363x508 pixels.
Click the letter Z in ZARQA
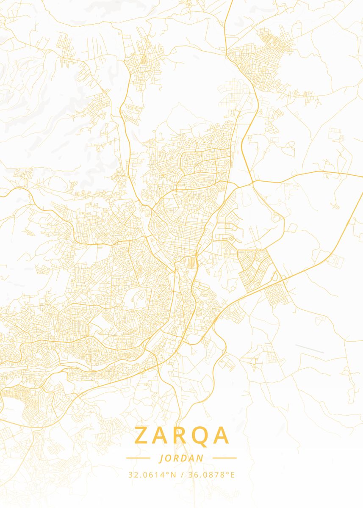[143, 436]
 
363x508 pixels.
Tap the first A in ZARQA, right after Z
[162, 436]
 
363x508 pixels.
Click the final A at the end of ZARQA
[222, 436]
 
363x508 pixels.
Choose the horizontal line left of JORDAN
[138, 458]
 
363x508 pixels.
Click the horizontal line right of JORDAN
[224, 458]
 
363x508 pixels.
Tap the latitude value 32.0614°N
[152, 475]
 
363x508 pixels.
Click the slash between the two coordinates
[181, 475]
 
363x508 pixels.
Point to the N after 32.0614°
[173, 475]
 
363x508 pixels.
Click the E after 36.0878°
[232, 475]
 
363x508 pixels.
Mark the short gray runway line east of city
[310, 349]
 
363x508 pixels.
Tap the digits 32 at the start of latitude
[132, 475]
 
